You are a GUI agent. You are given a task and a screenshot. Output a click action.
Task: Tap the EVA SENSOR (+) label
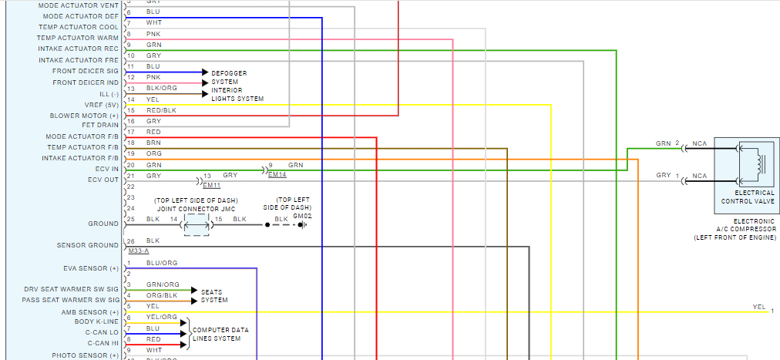[92, 268]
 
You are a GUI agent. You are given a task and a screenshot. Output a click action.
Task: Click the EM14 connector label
[277, 175]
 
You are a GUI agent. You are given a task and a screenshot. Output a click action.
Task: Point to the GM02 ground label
[302, 217]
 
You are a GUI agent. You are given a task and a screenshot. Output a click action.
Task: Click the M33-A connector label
[140, 251]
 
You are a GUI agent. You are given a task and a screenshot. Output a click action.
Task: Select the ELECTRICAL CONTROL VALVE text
[748, 197]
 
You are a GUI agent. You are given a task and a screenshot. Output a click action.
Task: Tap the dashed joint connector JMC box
[197, 224]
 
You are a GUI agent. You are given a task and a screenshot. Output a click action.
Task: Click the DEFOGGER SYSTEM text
[229, 77]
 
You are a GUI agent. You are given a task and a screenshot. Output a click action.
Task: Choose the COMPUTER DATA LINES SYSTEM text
[220, 334]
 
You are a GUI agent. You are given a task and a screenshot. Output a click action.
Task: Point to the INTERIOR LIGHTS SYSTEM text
[237, 94]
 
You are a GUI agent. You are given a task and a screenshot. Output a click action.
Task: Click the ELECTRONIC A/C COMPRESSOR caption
[735, 227]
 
